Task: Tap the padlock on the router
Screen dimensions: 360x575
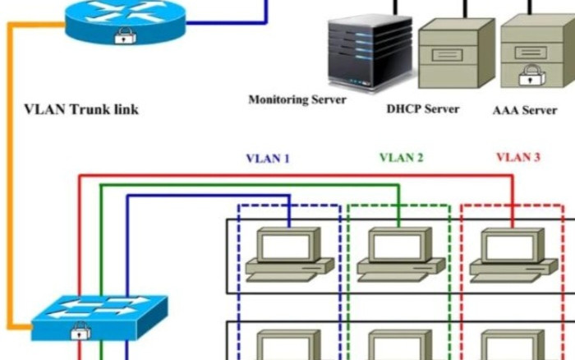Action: click(123, 35)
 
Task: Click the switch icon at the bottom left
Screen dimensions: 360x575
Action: click(99, 317)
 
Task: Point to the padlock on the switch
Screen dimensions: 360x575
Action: click(79, 332)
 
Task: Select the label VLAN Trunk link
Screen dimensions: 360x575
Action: click(80, 108)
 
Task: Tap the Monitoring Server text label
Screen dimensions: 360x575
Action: click(297, 99)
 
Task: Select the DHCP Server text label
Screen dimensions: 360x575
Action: click(422, 108)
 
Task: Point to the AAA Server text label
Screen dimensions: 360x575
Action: click(524, 109)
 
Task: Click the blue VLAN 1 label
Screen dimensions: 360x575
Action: click(268, 158)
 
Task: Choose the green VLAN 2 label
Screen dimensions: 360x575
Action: click(401, 157)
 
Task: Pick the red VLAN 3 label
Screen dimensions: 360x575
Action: click(518, 157)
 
